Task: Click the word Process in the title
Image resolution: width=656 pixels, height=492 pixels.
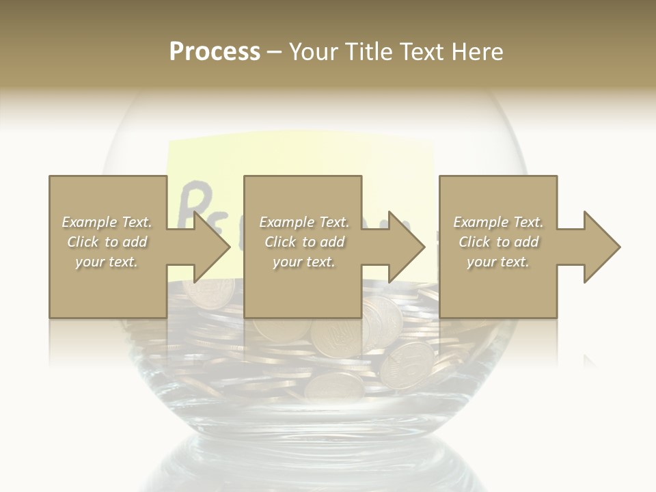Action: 215,52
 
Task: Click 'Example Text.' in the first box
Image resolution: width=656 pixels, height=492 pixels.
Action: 107,222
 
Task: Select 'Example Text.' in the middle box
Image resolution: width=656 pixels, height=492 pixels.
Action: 304,222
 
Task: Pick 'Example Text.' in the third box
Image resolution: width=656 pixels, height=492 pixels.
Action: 498,222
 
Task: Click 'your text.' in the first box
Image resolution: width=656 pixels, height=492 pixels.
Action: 107,262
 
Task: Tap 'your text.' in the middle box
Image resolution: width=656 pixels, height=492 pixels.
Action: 304,262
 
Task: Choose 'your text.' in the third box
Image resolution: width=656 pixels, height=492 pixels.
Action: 498,262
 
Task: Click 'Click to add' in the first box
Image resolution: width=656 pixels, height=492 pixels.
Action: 107,242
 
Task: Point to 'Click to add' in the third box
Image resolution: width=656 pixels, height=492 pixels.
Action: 498,242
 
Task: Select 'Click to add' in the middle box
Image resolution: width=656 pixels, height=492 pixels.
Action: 304,242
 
